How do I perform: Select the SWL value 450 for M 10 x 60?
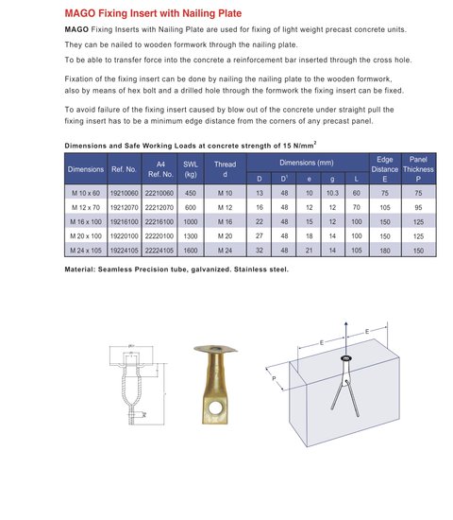pos(190,191)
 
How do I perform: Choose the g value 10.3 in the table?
pos(332,191)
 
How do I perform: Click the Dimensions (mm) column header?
pos(308,163)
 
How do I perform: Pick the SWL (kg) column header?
pos(190,169)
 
